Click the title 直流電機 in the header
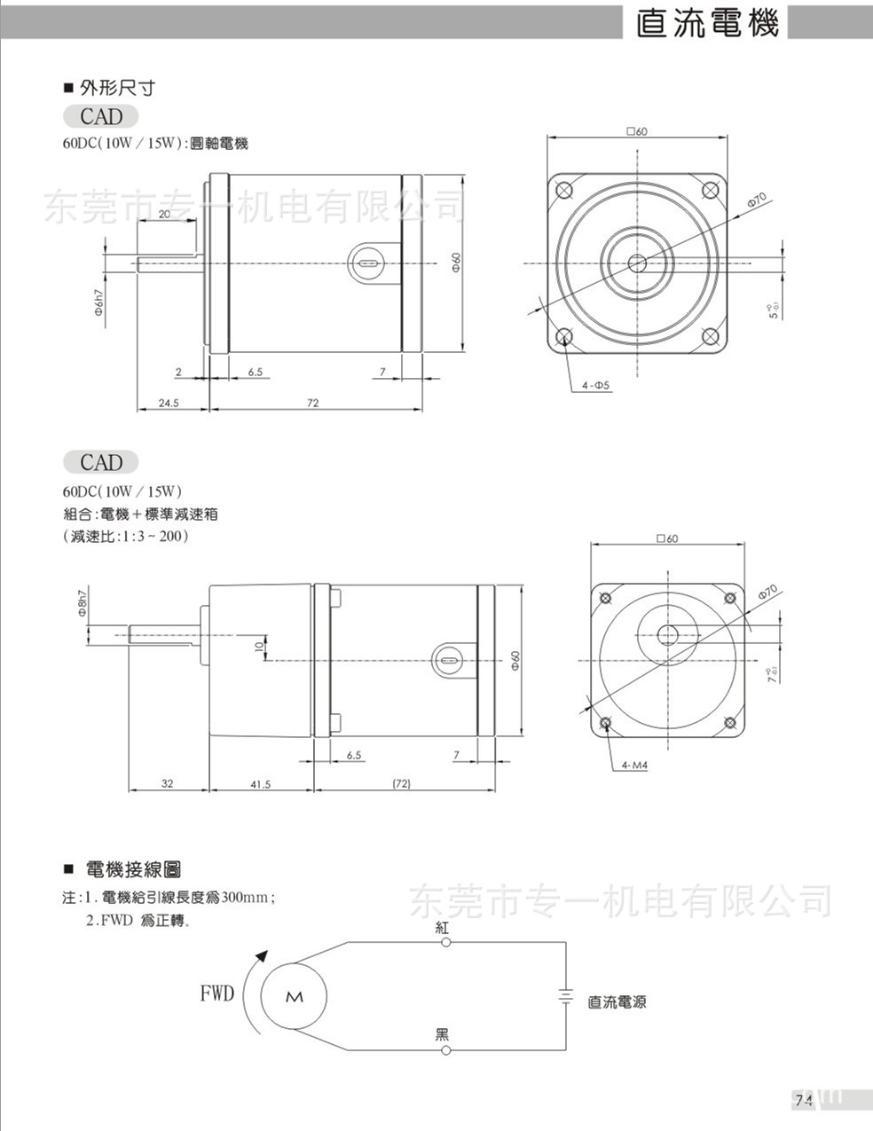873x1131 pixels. click(x=707, y=23)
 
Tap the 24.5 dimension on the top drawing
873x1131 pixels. click(x=169, y=402)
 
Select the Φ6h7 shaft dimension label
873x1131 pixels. click(x=99, y=302)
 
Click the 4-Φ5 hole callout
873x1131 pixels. click(x=596, y=385)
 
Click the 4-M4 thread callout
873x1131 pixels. click(x=635, y=764)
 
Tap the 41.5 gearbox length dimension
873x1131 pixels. click(x=261, y=784)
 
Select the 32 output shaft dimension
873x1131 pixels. click(x=168, y=784)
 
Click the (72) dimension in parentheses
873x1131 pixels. click(x=402, y=784)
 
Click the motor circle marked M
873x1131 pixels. click(x=295, y=996)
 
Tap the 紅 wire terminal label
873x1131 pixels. click(x=444, y=928)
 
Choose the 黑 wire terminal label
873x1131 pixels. click(x=443, y=1034)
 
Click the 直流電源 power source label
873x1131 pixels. click(x=617, y=1002)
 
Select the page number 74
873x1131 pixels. click(x=804, y=1100)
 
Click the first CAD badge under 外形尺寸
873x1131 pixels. click(x=101, y=116)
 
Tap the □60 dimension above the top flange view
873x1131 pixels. click(x=636, y=131)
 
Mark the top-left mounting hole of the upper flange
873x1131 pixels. click(x=563, y=190)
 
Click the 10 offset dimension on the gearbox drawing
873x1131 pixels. click(x=258, y=647)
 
